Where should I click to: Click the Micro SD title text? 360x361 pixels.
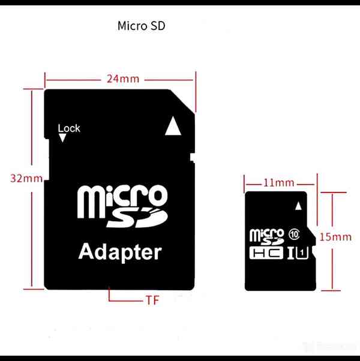click(x=141, y=26)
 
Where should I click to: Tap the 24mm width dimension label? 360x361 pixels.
click(x=123, y=79)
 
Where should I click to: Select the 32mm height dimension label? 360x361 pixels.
click(x=26, y=179)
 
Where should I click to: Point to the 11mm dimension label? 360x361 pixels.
click(x=279, y=183)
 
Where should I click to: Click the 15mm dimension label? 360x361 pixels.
click(x=336, y=237)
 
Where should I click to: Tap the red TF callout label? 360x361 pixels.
click(x=152, y=300)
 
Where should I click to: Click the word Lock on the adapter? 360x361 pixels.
click(x=69, y=128)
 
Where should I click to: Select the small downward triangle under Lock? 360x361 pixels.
click(x=62, y=138)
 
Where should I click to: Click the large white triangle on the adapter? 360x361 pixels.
click(x=173, y=126)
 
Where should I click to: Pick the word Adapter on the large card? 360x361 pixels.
click(x=120, y=252)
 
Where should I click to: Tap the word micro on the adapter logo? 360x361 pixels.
click(x=122, y=201)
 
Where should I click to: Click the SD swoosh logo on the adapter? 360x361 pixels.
click(x=137, y=218)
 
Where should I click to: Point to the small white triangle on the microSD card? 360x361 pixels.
click(x=299, y=206)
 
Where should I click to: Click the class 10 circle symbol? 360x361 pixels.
click(x=294, y=234)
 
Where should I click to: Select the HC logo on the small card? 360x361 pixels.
click(x=266, y=253)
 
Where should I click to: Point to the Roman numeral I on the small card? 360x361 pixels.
click(x=291, y=253)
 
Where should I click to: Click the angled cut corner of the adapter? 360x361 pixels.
click(x=182, y=101)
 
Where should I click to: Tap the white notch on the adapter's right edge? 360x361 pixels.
click(x=193, y=158)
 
